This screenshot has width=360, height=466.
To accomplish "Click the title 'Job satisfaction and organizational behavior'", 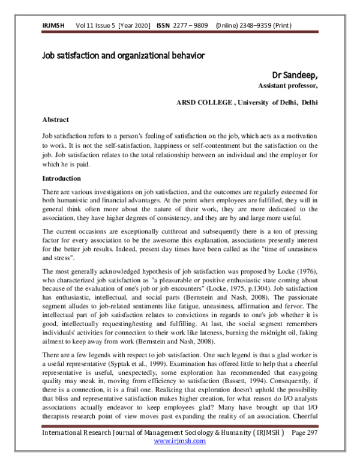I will click(x=124, y=56).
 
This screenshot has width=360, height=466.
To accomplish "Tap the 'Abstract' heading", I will click(x=55, y=120).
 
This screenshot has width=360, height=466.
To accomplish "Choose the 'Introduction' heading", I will click(x=61, y=179).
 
